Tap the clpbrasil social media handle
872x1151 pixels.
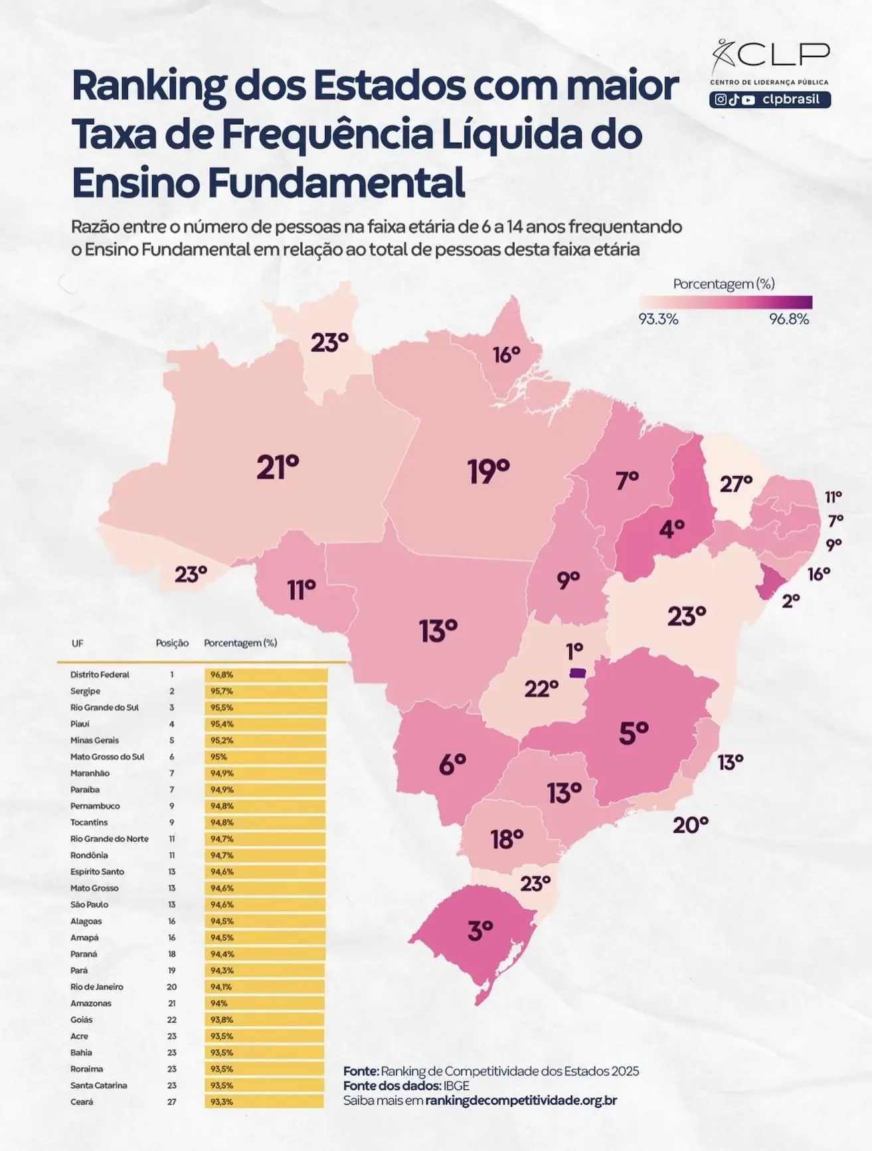(x=790, y=100)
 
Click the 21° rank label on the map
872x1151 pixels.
(x=278, y=468)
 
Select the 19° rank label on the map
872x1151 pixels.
(x=488, y=471)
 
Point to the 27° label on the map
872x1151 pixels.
(x=736, y=484)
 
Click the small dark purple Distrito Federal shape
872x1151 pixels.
(x=578, y=673)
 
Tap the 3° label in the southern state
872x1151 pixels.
(x=480, y=930)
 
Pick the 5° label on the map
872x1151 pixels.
(x=633, y=733)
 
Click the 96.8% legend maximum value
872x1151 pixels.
(x=789, y=319)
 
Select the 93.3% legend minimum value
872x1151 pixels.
(x=658, y=319)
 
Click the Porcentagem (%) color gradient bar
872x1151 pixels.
(x=725, y=302)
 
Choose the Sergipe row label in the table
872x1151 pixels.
(x=85, y=691)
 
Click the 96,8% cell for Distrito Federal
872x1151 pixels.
(x=222, y=674)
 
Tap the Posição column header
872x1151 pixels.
(x=172, y=643)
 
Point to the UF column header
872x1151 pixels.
(x=78, y=643)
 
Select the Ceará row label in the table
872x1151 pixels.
(x=82, y=1102)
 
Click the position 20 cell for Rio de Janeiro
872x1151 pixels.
(x=172, y=987)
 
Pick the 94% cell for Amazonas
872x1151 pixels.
(x=219, y=1003)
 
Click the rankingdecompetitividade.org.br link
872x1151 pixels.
(x=521, y=1101)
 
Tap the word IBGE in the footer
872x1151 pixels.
(x=456, y=1086)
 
